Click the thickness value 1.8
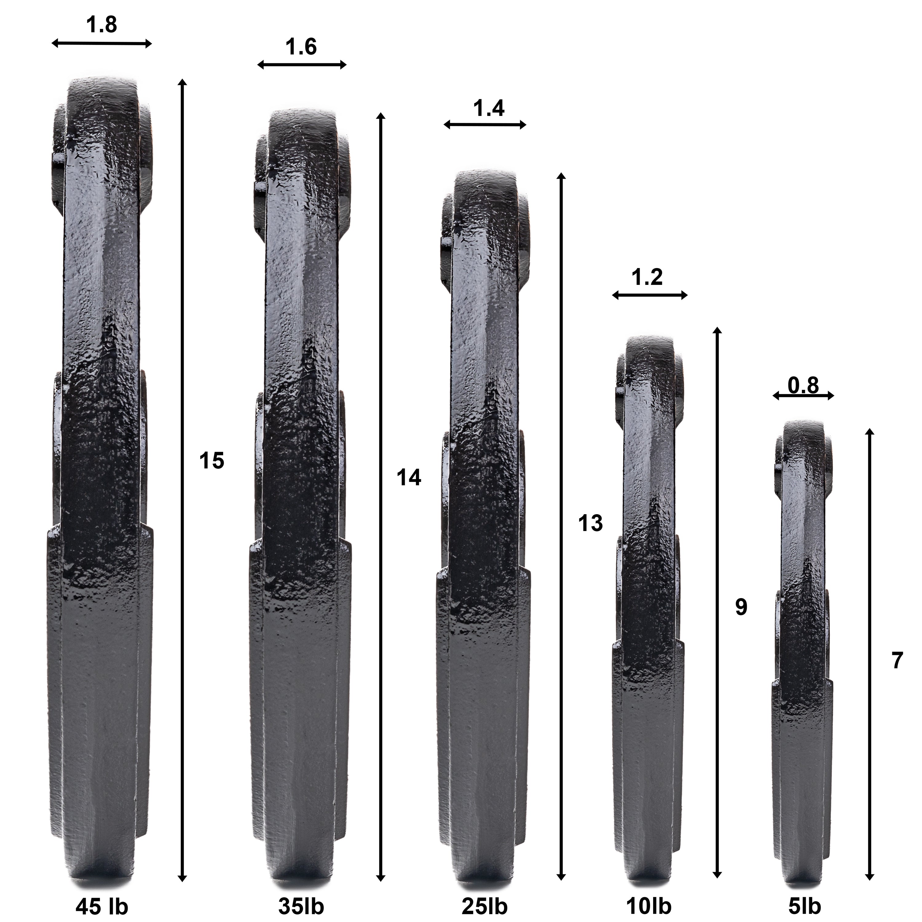point(102,25)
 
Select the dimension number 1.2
point(647,277)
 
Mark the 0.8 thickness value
point(803,385)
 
